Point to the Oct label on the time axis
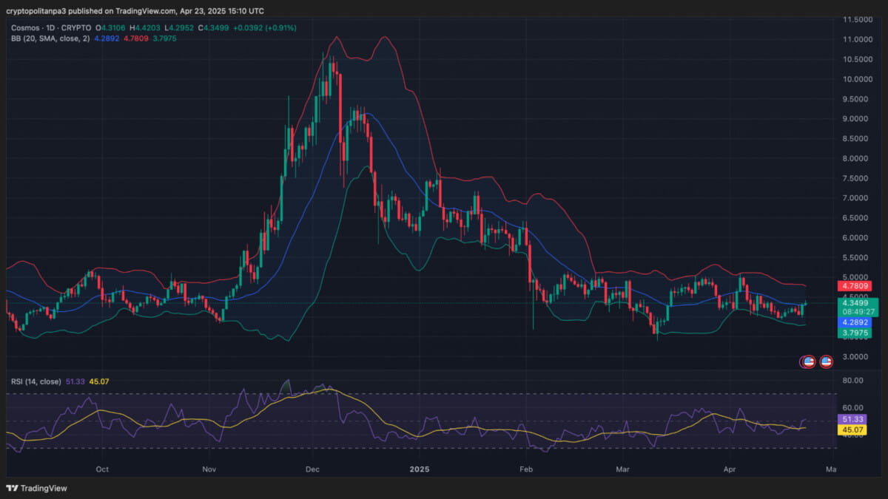coord(102,469)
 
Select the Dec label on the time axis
coord(312,469)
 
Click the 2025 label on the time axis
coord(420,469)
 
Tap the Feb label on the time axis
coord(526,469)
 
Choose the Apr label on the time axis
coord(730,469)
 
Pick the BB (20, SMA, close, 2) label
coord(50,38)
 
